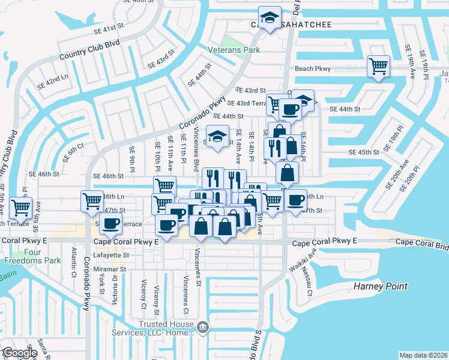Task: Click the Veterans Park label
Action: (x=234, y=50)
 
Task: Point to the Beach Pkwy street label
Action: (x=313, y=69)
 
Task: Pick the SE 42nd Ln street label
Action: (x=53, y=82)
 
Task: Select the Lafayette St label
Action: (x=112, y=255)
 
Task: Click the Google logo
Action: (x=19, y=353)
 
